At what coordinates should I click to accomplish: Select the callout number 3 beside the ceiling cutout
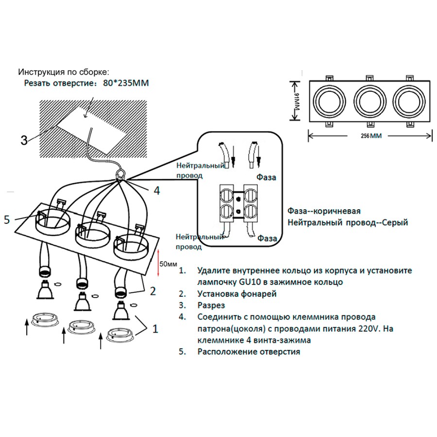(24, 140)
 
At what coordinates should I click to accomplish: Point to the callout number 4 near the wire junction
(156, 191)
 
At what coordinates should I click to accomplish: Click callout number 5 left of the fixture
(7, 219)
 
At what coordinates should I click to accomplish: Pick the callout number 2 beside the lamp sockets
(152, 291)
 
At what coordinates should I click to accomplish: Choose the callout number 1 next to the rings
(155, 329)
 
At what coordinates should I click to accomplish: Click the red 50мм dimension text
(168, 264)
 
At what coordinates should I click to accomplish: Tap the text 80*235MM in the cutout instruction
(126, 83)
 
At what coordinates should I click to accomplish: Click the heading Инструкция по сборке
(64, 72)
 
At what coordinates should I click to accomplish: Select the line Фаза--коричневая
(323, 212)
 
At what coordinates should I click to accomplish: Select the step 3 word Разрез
(211, 305)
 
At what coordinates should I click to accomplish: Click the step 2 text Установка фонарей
(237, 294)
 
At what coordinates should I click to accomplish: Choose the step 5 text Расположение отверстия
(249, 352)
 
